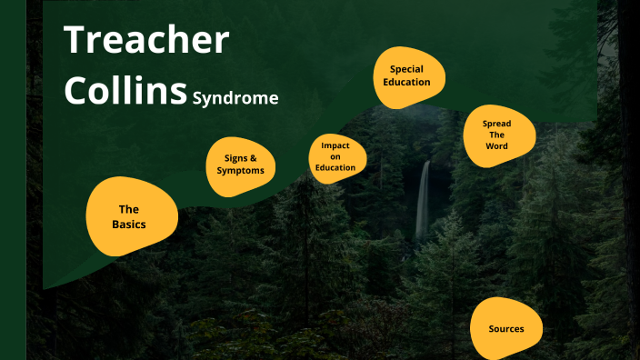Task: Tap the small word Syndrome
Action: pos(235,97)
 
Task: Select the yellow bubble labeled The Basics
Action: pos(129,216)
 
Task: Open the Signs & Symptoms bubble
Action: pos(240,165)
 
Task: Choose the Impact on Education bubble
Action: pos(335,156)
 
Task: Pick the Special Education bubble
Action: pos(407,75)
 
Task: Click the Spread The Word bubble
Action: pos(496,135)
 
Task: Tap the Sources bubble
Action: pos(505,328)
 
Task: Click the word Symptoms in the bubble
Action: pos(240,171)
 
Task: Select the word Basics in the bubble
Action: pos(129,224)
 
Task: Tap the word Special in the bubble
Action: pos(407,68)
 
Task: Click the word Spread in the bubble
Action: pos(496,124)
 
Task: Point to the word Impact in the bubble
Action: pos(335,145)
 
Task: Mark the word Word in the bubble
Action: pos(496,146)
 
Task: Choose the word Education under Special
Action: pos(407,82)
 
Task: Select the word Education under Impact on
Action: pos(335,167)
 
